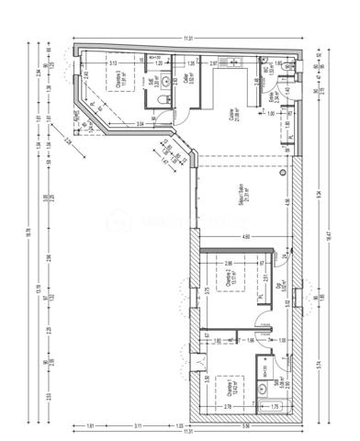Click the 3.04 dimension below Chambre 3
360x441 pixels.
coord(141,122)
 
